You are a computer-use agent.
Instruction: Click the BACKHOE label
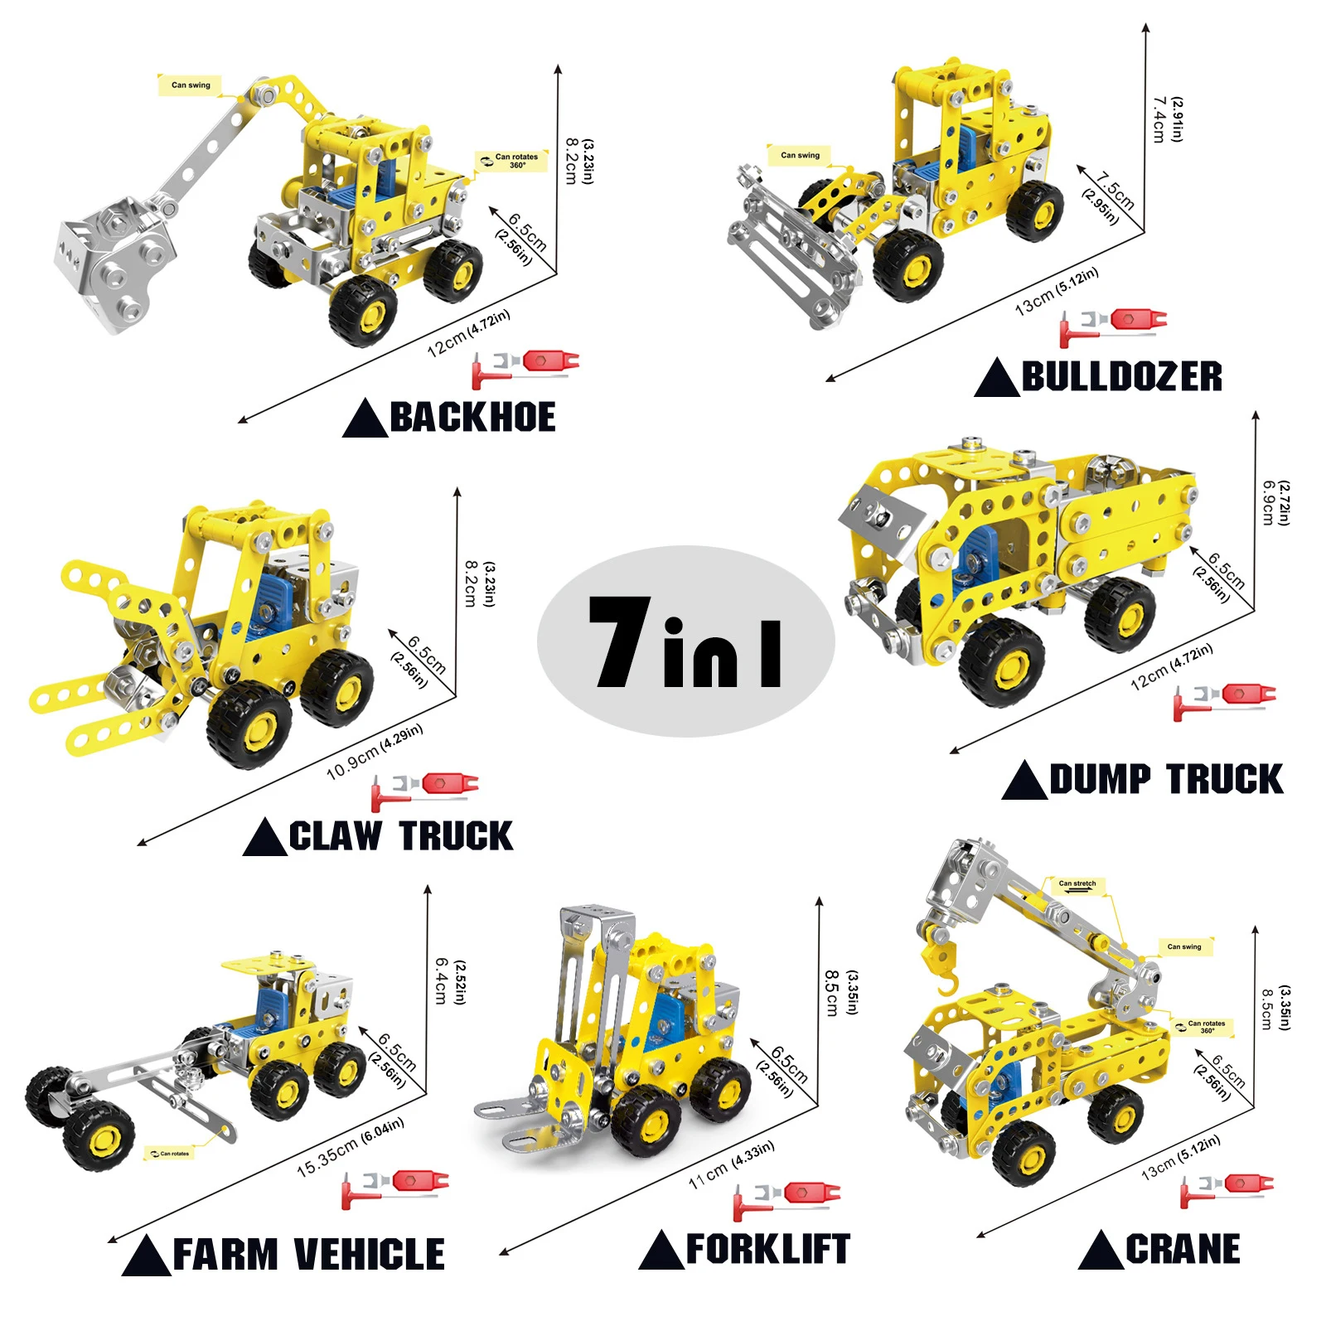pos(472,417)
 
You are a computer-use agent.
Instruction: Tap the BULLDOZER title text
pos(1122,376)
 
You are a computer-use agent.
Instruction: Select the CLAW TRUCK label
pos(401,835)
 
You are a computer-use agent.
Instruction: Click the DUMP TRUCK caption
pos(1166,780)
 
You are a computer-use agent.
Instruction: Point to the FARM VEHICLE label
pos(308,1254)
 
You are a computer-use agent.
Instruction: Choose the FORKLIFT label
pos(768,1249)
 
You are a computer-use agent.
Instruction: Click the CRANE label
pos(1183,1249)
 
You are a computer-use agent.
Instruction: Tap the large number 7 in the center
pos(620,642)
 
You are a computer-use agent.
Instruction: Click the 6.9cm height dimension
pos(1268,502)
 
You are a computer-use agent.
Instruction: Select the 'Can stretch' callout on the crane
pos(1077,884)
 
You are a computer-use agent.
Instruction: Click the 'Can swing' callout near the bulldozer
pos(800,155)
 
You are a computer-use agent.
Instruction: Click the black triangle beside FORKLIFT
pos(661,1250)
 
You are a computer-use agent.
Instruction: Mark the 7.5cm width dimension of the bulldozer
pos(1115,191)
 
